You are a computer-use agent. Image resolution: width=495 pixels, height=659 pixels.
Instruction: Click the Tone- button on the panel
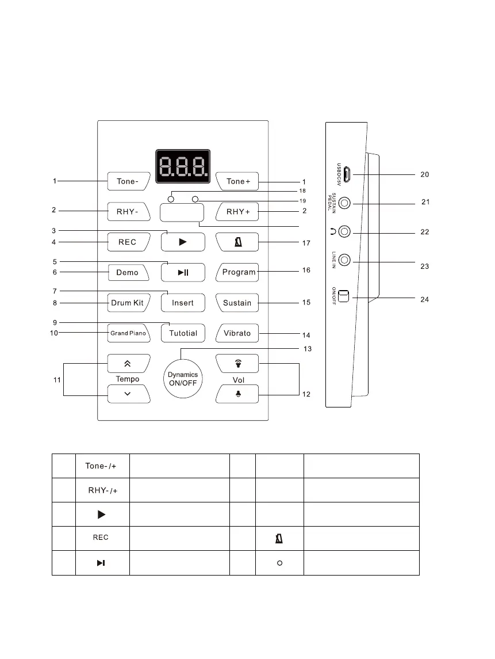point(128,181)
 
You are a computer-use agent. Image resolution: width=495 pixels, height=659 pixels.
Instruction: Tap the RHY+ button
point(237,212)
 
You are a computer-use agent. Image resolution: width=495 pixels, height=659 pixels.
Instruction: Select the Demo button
point(128,272)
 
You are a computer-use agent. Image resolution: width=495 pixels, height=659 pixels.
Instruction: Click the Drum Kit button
point(128,303)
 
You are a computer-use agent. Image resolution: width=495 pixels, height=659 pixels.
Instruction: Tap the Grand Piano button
point(128,333)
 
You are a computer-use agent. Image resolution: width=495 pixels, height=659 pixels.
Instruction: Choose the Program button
point(238,272)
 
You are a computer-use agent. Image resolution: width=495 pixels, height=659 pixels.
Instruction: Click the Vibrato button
point(237,333)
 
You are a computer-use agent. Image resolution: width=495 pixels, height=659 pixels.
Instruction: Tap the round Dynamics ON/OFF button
point(182,379)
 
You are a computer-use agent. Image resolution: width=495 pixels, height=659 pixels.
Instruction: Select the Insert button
point(183,303)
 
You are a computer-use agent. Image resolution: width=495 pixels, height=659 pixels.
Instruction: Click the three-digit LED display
point(183,167)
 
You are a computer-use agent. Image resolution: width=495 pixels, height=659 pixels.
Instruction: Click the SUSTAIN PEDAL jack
point(344,203)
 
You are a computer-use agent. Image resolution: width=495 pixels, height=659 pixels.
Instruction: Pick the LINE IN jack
point(344,260)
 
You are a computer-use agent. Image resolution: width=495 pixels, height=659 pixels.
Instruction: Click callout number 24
point(424,300)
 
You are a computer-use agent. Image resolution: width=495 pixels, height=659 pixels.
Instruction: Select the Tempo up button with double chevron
point(128,363)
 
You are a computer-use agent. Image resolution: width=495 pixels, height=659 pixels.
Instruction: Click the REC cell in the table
point(101,538)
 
